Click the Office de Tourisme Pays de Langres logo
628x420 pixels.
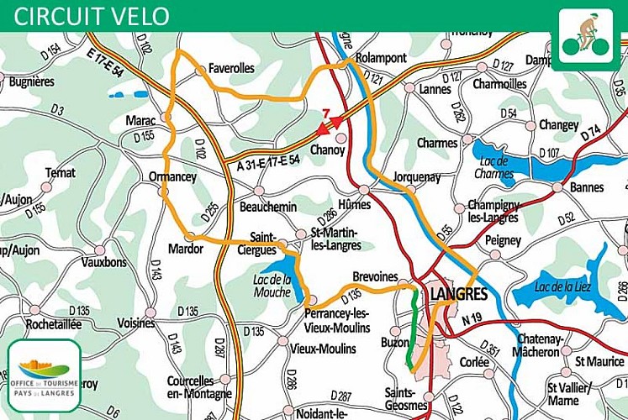click(x=44, y=375)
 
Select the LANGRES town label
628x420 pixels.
click(x=458, y=294)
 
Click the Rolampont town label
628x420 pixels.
click(x=381, y=58)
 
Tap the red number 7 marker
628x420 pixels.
click(x=325, y=113)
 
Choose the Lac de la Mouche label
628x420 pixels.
click(x=272, y=286)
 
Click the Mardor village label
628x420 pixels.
click(x=186, y=249)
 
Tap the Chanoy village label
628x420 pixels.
click(x=328, y=150)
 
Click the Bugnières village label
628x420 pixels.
click(x=31, y=81)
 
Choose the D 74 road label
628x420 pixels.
click(x=591, y=132)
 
